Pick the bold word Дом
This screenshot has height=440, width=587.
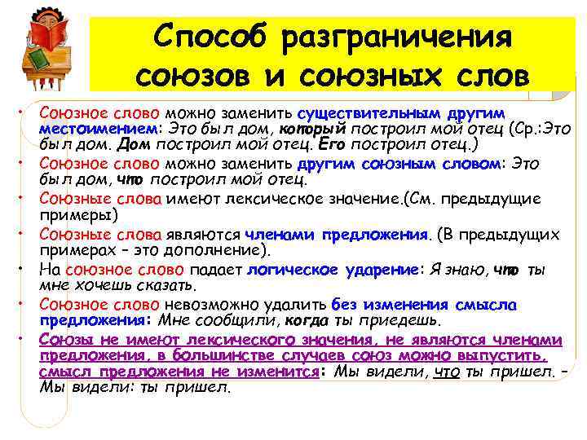pos(133,147)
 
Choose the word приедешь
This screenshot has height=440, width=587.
pos(391,321)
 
